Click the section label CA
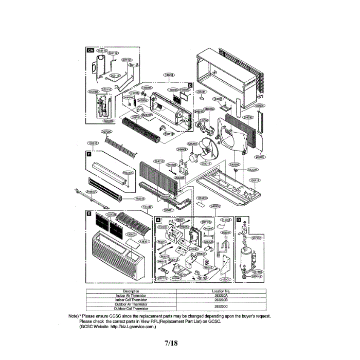point(90,50)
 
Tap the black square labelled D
point(190,85)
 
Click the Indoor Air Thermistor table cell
point(131,296)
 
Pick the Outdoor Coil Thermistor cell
point(131,309)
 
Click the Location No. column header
point(221,292)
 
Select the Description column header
point(131,292)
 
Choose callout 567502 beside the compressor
point(256,238)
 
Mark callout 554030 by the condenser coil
point(248,117)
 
